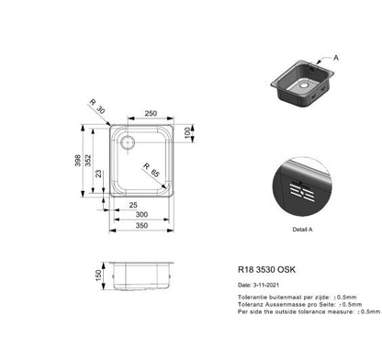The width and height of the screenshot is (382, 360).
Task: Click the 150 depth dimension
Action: pyautogui.click(x=97, y=276)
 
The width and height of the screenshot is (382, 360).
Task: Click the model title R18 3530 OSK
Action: pyautogui.click(x=268, y=271)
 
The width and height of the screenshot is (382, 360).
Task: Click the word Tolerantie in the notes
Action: pyautogui.click(x=253, y=298)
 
